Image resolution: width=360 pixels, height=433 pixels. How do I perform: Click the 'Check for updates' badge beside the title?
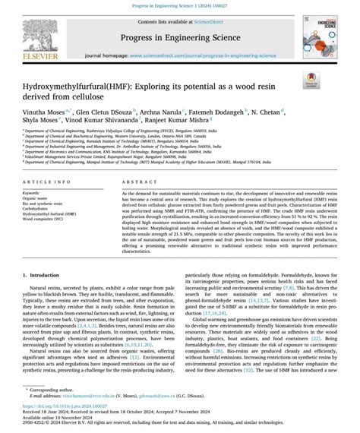309,77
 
